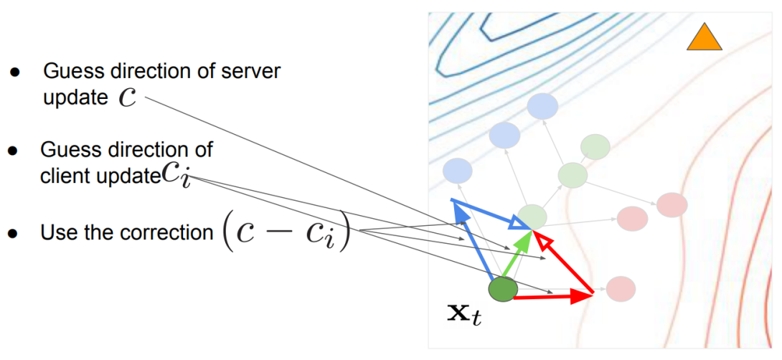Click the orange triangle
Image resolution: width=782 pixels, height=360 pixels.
[704, 39]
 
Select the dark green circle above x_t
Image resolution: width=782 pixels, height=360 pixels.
[503, 289]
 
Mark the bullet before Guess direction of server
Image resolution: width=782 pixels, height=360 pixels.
[14, 72]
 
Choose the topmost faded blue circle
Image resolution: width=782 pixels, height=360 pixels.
[542, 106]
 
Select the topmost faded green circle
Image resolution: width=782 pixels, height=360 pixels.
[595, 146]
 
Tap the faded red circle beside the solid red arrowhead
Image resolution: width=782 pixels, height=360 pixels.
[621, 289]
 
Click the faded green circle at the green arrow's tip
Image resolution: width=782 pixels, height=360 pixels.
[532, 217]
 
